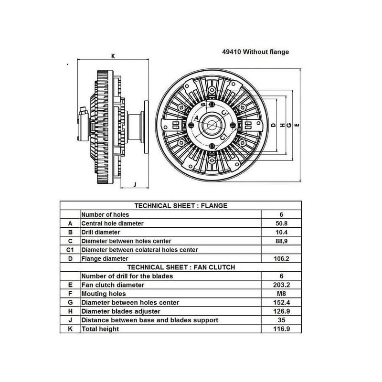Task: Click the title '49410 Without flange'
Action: (x=255, y=52)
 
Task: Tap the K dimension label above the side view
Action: (x=113, y=56)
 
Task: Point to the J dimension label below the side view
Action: (x=135, y=184)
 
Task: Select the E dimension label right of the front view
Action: (x=297, y=125)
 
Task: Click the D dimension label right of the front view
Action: (x=273, y=125)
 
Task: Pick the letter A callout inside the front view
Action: (x=197, y=118)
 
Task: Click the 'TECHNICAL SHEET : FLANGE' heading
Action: (x=181, y=206)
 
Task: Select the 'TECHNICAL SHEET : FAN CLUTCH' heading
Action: (x=181, y=267)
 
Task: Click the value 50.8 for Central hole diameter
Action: (x=281, y=223)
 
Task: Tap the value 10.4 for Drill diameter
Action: (x=281, y=232)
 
